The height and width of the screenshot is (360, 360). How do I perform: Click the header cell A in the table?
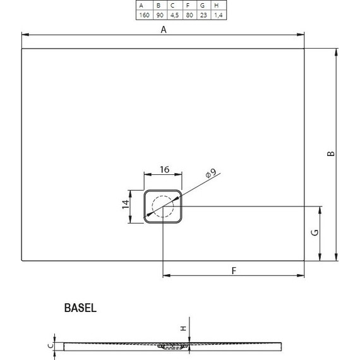pyautogui.click(x=143, y=5)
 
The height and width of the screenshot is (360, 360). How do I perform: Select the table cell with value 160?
pyautogui.click(x=143, y=14)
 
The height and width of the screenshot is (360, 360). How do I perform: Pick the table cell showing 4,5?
pyautogui.click(x=172, y=14)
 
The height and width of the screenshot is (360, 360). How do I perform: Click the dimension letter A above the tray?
pyautogui.click(x=163, y=30)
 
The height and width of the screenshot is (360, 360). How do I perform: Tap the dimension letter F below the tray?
pyautogui.click(x=233, y=270)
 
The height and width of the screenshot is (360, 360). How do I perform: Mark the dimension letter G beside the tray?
pyautogui.click(x=315, y=232)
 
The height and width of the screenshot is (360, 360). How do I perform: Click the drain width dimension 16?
pyautogui.click(x=164, y=169)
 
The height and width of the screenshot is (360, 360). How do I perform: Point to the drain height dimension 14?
pyautogui.click(x=126, y=203)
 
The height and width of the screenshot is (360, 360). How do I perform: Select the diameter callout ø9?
pyautogui.click(x=210, y=172)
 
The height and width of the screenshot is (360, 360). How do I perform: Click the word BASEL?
pyautogui.click(x=80, y=308)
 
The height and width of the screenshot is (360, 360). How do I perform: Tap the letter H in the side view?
pyautogui.click(x=183, y=328)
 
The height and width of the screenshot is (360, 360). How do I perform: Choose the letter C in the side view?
pyautogui.click(x=49, y=345)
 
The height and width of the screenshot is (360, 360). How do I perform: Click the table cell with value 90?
pyautogui.click(x=158, y=14)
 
